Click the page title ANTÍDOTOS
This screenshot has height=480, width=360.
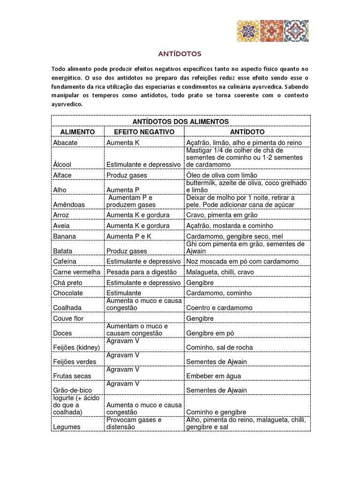tap(180, 54)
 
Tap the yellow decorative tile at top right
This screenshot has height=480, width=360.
tap(248, 31)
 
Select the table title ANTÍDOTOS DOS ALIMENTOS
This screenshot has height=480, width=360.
tap(180, 121)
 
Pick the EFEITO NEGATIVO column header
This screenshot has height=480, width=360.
tap(144, 132)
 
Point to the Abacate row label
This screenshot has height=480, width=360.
tap(66, 142)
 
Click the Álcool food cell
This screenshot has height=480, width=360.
tap(62, 165)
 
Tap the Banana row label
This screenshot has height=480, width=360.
tap(65, 236)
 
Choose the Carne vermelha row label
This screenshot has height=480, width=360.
tap(77, 272)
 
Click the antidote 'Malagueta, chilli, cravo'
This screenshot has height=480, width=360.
tap(219, 272)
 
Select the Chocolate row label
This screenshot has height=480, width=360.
tap(68, 293)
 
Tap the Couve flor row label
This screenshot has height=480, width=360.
tap(68, 318)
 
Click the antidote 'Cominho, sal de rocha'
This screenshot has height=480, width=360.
tap(219, 347)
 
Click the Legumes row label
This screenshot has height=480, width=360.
tap(67, 427)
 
